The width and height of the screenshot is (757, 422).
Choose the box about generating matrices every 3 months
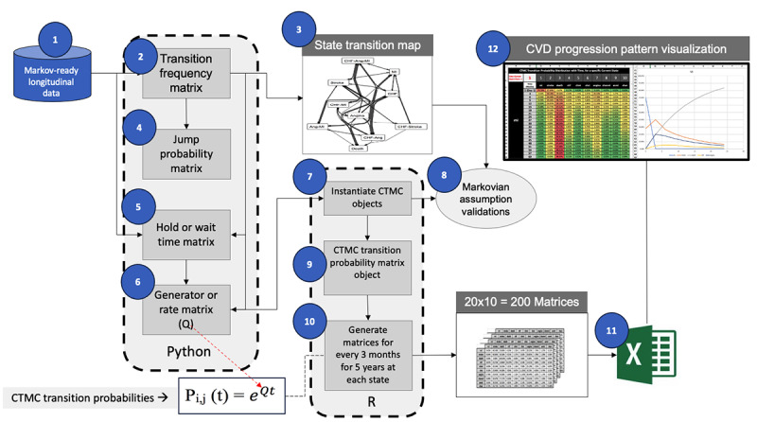tap(368, 355)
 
